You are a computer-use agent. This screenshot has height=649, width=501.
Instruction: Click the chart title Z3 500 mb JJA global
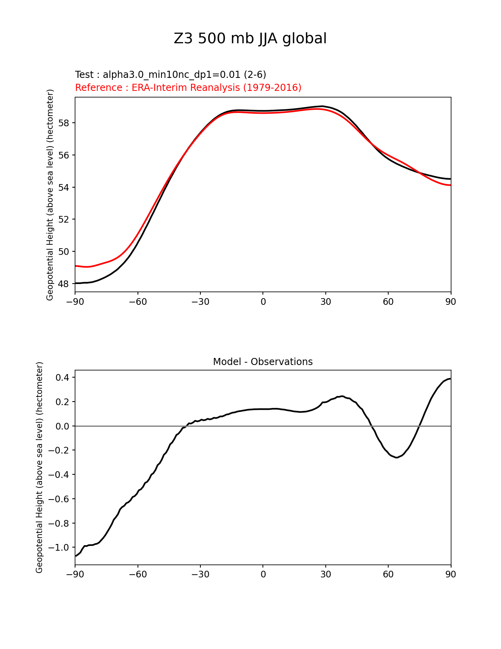point(250,39)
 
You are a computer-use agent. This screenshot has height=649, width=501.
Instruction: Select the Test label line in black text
point(171,75)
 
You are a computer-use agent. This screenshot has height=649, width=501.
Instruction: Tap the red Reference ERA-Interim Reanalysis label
point(188,88)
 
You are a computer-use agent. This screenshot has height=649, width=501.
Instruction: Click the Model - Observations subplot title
point(262,362)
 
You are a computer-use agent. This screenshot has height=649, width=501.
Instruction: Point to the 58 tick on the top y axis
point(64,123)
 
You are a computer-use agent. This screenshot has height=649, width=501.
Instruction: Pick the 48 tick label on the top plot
point(64,284)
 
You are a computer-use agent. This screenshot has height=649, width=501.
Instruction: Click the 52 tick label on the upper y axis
point(64,219)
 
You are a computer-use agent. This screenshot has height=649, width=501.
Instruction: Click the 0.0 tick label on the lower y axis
point(61,426)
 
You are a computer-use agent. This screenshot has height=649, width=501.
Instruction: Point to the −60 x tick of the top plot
point(138,302)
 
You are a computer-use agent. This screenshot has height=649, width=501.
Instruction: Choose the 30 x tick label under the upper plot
point(325,302)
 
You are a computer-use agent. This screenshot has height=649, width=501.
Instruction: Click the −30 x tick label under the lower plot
point(200,574)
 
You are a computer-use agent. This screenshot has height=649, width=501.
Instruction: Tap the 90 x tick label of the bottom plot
point(450,574)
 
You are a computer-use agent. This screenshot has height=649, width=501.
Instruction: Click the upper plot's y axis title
point(50,195)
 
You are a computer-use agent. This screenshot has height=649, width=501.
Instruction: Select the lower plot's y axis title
point(39,467)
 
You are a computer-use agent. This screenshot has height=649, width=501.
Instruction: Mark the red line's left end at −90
point(75,266)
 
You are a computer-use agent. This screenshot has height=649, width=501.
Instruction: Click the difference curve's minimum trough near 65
point(396,457)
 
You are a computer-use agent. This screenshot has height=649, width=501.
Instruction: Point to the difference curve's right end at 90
point(450,379)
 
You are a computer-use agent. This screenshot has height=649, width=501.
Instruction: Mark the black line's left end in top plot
point(75,283)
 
